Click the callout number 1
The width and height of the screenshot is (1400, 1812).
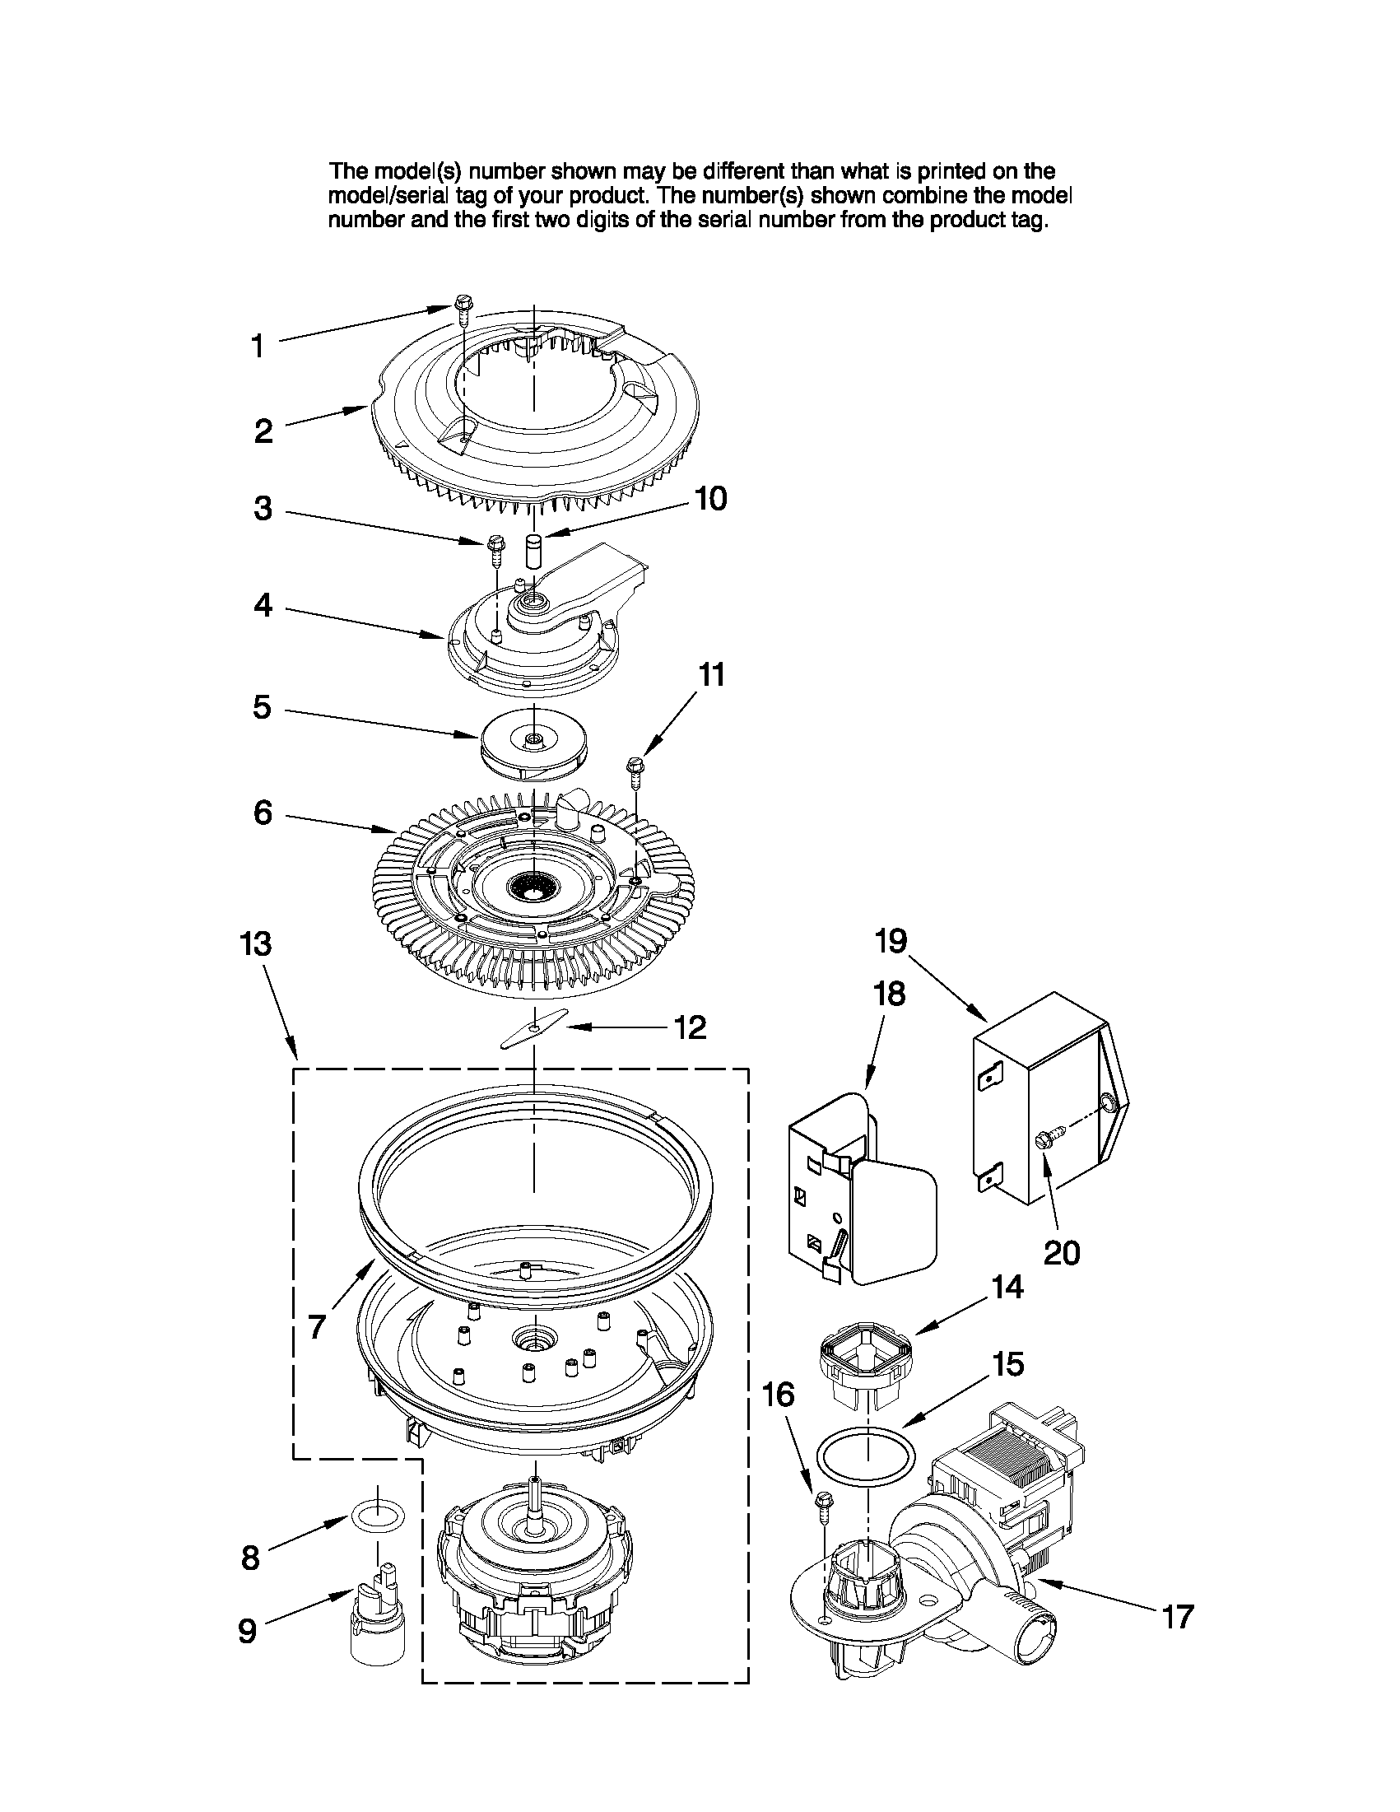click(x=258, y=346)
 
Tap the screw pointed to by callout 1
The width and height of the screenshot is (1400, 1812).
click(x=462, y=312)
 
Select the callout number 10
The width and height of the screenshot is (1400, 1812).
click(x=711, y=499)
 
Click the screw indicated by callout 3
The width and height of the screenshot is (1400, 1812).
click(x=495, y=548)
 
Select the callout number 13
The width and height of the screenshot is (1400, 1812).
click(x=256, y=944)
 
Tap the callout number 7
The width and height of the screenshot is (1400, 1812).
click(x=317, y=1327)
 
